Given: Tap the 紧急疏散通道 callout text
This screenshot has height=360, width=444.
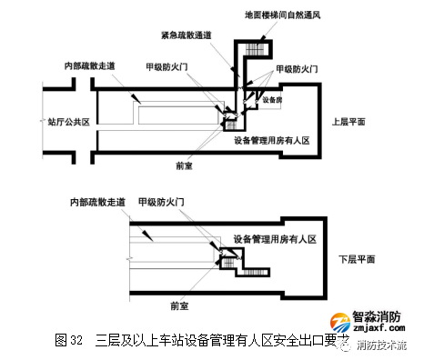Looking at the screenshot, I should pyautogui.click(x=189, y=35).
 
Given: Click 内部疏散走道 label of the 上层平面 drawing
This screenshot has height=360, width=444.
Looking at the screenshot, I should pyautogui.click(x=90, y=66).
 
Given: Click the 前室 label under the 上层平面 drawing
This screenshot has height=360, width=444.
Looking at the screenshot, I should pyautogui.click(x=186, y=166).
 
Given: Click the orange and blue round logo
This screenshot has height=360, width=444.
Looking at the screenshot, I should pyautogui.click(x=340, y=326).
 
